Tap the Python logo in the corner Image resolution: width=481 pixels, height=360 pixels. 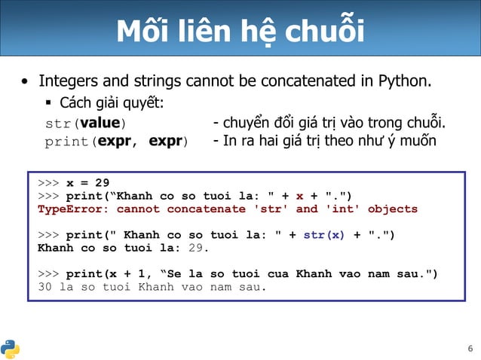[x=11, y=348]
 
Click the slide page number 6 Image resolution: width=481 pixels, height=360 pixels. [x=470, y=348]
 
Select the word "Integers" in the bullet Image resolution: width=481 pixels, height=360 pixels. [x=67, y=81]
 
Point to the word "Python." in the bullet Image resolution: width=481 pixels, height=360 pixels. [x=405, y=81]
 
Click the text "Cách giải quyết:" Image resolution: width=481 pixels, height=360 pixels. [x=112, y=102]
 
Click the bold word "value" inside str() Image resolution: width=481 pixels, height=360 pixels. [x=100, y=123]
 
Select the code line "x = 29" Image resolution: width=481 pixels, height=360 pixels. [x=87, y=182]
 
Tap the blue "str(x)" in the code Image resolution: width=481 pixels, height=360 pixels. [x=324, y=235]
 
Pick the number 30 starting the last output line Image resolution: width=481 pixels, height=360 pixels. [x=45, y=287]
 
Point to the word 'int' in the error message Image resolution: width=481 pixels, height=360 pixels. [x=344, y=209]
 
